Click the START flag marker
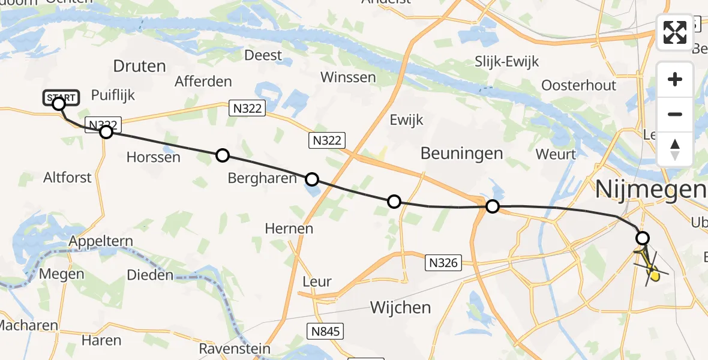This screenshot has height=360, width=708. [x=61, y=97]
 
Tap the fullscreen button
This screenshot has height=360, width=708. [x=675, y=32]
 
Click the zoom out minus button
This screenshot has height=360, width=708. [x=675, y=114]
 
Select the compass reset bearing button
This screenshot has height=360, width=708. [x=675, y=149]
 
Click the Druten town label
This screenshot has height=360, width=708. [x=139, y=66]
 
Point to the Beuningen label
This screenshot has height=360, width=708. [x=461, y=153]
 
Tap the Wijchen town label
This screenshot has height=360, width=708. [x=400, y=307]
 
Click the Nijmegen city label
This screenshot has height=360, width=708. [x=650, y=190]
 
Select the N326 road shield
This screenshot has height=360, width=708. [x=444, y=262]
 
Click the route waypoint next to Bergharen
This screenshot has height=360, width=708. [x=312, y=179]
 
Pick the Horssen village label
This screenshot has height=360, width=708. [x=154, y=157]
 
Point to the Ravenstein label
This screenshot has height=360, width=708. [x=235, y=349]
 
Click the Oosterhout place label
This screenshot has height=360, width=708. [x=578, y=85]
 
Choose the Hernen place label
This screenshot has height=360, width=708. [x=289, y=228]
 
